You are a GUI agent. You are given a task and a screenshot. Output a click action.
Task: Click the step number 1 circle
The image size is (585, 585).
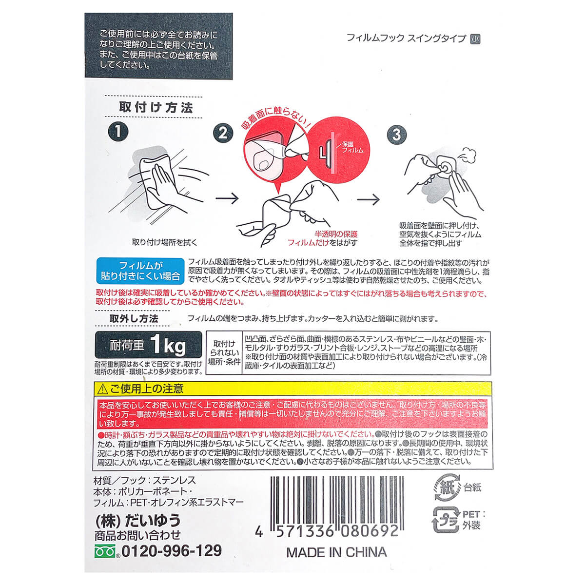(118, 132)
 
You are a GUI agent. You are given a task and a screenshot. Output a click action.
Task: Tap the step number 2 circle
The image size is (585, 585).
(223, 133)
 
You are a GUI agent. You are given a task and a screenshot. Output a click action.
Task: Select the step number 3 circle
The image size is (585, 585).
(397, 135)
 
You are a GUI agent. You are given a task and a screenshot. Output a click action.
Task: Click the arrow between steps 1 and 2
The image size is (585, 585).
(227, 198)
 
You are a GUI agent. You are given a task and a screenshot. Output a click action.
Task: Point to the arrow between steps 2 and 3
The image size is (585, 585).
(368, 199)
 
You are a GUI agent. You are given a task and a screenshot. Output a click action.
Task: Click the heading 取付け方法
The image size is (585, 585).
(156, 107)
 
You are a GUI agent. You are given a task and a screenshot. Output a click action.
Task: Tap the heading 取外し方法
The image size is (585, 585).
(134, 318)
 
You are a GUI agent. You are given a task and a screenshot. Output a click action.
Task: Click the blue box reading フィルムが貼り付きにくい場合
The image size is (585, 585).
(140, 271)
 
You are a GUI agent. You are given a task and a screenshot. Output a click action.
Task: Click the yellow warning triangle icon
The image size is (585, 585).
(102, 389)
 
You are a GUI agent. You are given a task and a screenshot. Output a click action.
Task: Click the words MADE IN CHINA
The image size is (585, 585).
(336, 552)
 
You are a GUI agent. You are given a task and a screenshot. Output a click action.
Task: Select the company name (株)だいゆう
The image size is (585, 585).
(137, 521)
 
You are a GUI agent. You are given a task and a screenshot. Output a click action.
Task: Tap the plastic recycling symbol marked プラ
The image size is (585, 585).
(446, 520)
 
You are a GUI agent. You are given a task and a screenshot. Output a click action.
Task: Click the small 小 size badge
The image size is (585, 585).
(475, 39)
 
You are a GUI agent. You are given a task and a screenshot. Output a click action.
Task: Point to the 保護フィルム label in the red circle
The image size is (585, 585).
(352, 147)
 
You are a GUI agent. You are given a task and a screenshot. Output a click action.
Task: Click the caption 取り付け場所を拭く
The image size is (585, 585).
(165, 242)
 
